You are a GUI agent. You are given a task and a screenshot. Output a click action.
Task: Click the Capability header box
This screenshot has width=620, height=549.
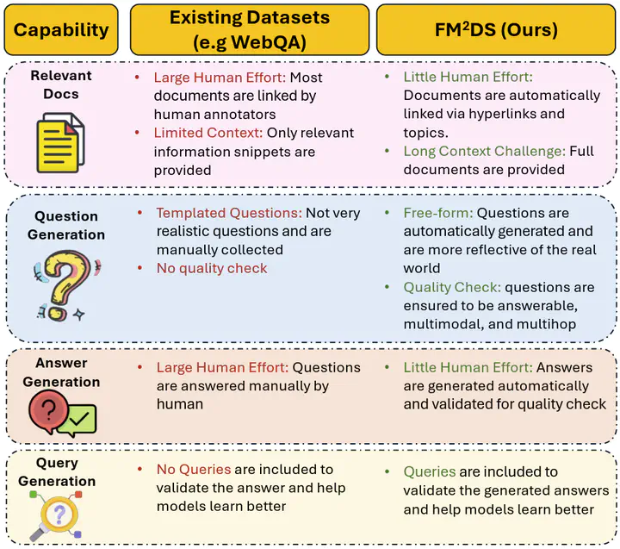coord(62,30)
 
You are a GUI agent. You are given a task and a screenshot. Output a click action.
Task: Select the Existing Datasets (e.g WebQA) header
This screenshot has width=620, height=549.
coord(250,30)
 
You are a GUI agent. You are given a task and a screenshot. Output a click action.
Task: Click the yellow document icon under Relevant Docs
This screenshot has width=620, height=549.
coord(60,142)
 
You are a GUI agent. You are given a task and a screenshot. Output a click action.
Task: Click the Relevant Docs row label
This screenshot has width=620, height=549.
coord(61,84)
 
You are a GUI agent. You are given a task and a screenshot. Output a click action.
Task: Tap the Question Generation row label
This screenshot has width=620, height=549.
coord(65,225)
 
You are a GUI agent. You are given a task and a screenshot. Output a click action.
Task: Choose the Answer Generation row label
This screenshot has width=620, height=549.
coord(61,372)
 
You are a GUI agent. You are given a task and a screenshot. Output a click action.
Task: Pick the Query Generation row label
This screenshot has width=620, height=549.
coord(57,472)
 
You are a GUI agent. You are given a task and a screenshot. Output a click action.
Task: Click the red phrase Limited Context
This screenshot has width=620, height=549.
coord(208,133)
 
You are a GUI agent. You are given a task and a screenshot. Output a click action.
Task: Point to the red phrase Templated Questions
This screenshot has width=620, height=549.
coord(228,213)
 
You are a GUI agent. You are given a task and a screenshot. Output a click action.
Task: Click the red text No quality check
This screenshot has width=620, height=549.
coord(212,268)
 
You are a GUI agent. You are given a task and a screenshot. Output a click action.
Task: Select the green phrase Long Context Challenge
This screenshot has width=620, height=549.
coord(485,151)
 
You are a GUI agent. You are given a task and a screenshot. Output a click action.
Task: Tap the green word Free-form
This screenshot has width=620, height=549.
coord(437,213)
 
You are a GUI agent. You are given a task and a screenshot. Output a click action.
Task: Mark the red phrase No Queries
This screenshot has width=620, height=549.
coord(193,470)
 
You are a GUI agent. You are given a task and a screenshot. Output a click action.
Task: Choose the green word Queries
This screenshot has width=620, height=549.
coord(429,471)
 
